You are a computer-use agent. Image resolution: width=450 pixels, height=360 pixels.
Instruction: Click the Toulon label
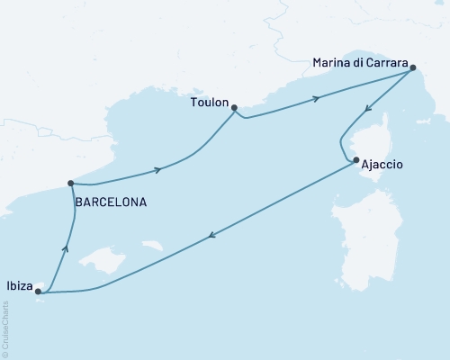pos(209,103)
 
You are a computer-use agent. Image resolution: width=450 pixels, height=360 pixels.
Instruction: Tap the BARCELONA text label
pos(110,202)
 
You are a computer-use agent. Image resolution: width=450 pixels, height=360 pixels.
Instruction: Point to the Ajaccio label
pos(381,166)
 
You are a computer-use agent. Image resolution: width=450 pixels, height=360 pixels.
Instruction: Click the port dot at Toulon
pos(234,108)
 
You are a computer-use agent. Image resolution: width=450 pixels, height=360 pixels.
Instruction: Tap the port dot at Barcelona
pos(70,184)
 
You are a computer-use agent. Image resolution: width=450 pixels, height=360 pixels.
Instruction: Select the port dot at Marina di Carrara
pos(412,67)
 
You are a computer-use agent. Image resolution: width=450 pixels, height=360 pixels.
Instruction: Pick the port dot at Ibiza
pos(38,291)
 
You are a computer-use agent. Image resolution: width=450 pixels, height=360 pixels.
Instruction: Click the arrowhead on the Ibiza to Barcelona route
pos(64,251)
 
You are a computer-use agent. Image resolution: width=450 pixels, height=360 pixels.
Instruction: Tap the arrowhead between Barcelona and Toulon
pos(159,169)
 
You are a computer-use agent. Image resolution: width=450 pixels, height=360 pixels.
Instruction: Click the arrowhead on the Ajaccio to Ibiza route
pos(211,237)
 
